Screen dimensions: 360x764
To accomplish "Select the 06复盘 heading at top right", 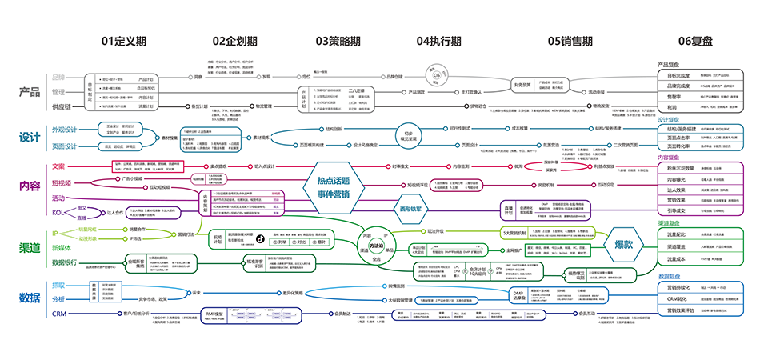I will pyautogui.click(x=695, y=40).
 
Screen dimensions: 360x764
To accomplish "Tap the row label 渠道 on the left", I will pyautogui.click(x=30, y=248).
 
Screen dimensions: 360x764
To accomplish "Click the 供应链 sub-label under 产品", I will pyautogui.click(x=62, y=106).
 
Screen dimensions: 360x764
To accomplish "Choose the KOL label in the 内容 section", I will pyautogui.click(x=58, y=212).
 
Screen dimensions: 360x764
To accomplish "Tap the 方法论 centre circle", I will pyautogui.click(x=375, y=246).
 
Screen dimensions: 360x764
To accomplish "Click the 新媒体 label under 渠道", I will pyautogui.click(x=63, y=247).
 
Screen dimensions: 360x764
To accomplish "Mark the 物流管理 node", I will pyautogui.click(x=264, y=105).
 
